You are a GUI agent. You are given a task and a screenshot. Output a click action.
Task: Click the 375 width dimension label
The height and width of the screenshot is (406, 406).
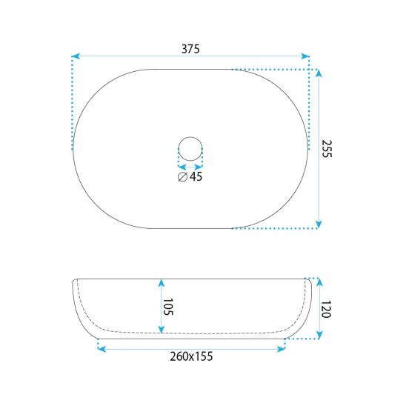(190, 49)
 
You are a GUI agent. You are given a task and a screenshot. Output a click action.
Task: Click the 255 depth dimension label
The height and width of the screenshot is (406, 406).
(327, 149)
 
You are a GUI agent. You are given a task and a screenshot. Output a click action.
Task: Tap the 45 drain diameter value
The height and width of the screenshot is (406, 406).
(196, 176)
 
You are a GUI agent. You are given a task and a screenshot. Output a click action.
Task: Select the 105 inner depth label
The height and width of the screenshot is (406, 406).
(167, 307)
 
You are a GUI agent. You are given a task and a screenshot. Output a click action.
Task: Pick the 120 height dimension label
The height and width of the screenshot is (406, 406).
(326, 309)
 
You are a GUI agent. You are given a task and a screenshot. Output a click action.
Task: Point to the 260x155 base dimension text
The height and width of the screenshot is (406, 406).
(191, 356)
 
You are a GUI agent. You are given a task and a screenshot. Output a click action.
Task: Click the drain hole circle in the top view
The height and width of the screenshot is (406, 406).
(190, 137)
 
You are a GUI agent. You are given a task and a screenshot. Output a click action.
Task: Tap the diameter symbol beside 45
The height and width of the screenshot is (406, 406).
(182, 177)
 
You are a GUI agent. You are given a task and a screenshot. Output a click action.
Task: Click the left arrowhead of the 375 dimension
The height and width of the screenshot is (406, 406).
(76, 56)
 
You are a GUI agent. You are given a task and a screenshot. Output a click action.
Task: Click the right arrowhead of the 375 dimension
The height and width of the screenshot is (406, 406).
(305, 56)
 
